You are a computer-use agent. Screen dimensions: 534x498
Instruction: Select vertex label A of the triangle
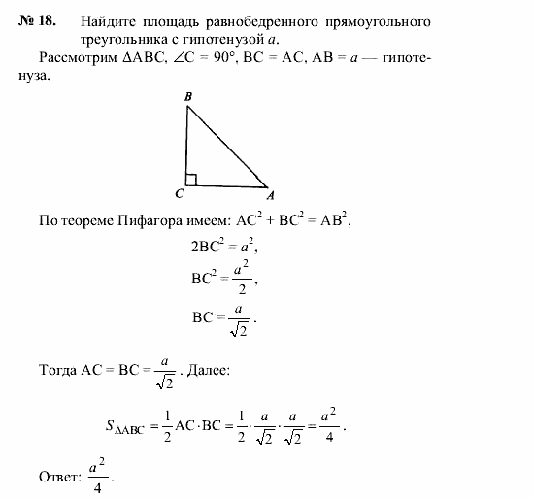point(271,192)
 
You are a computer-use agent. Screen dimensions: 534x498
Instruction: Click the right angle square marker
point(191,180)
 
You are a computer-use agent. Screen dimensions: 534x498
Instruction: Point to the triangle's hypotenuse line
point(227,145)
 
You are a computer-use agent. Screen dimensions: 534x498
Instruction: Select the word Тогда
point(58,370)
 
